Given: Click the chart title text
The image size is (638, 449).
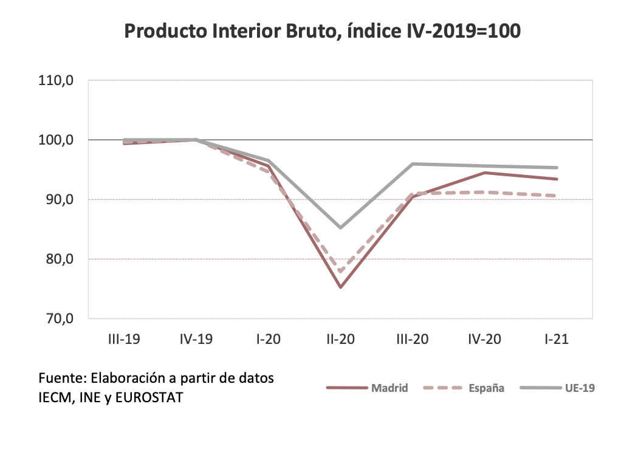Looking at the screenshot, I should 322,31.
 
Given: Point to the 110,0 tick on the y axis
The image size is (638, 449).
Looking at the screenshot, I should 57,80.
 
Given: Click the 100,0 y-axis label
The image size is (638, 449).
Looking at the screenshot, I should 57,140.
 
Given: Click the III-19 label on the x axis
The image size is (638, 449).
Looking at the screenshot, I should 124,339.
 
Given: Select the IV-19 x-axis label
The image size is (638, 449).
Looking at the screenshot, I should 196,339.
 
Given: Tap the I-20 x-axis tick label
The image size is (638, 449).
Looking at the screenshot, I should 268,339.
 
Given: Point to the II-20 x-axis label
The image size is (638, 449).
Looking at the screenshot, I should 340,339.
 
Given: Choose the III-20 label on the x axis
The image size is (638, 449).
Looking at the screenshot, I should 412,339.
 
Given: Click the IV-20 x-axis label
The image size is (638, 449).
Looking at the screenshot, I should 484,339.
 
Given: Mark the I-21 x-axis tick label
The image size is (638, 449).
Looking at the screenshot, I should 557,339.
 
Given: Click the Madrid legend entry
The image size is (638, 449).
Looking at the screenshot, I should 389,388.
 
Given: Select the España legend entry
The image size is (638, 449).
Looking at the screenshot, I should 486,388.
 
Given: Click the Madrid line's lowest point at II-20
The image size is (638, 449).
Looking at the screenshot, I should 340,287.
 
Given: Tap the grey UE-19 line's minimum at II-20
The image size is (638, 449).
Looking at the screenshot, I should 340,228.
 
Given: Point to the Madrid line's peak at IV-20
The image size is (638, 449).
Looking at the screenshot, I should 484,173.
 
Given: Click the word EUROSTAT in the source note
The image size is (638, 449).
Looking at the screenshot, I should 148,398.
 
